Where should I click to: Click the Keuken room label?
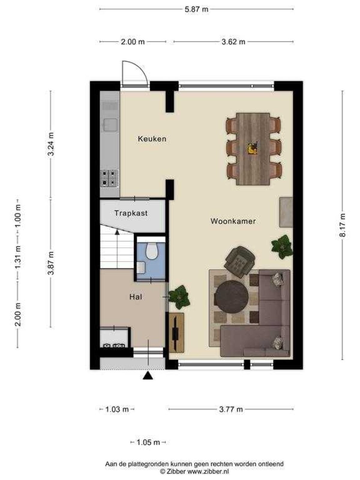pyautogui.click(x=152, y=139)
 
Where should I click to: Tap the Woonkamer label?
pyautogui.click(x=233, y=221)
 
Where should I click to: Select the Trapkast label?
pyautogui.click(x=131, y=213)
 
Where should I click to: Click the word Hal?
pyautogui.click(x=136, y=297)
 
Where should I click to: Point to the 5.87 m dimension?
pyautogui.click(x=196, y=9)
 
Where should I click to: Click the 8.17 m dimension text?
pyautogui.click(x=342, y=225)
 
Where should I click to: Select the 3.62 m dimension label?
pyautogui.click(x=233, y=41)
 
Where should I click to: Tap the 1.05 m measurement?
pyautogui.click(x=148, y=442)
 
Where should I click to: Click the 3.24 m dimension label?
pyautogui.click(x=51, y=144)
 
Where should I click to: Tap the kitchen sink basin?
pyautogui.click(x=110, y=124)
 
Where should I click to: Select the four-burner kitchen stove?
pyautogui.click(x=109, y=178)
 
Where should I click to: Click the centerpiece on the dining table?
pyautogui.click(x=253, y=148)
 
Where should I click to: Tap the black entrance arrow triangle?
pyautogui.click(x=148, y=375)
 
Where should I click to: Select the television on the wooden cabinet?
pyautogui.click(x=175, y=332)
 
